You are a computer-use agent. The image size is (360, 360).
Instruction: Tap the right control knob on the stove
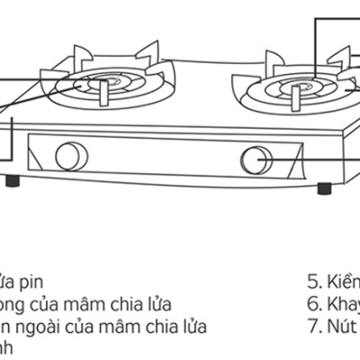point(256,161)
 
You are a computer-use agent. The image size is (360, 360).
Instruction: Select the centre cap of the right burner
point(289,89)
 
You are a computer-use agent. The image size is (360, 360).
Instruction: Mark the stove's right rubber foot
point(323,190)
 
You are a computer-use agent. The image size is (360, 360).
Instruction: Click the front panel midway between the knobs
point(162,159)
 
